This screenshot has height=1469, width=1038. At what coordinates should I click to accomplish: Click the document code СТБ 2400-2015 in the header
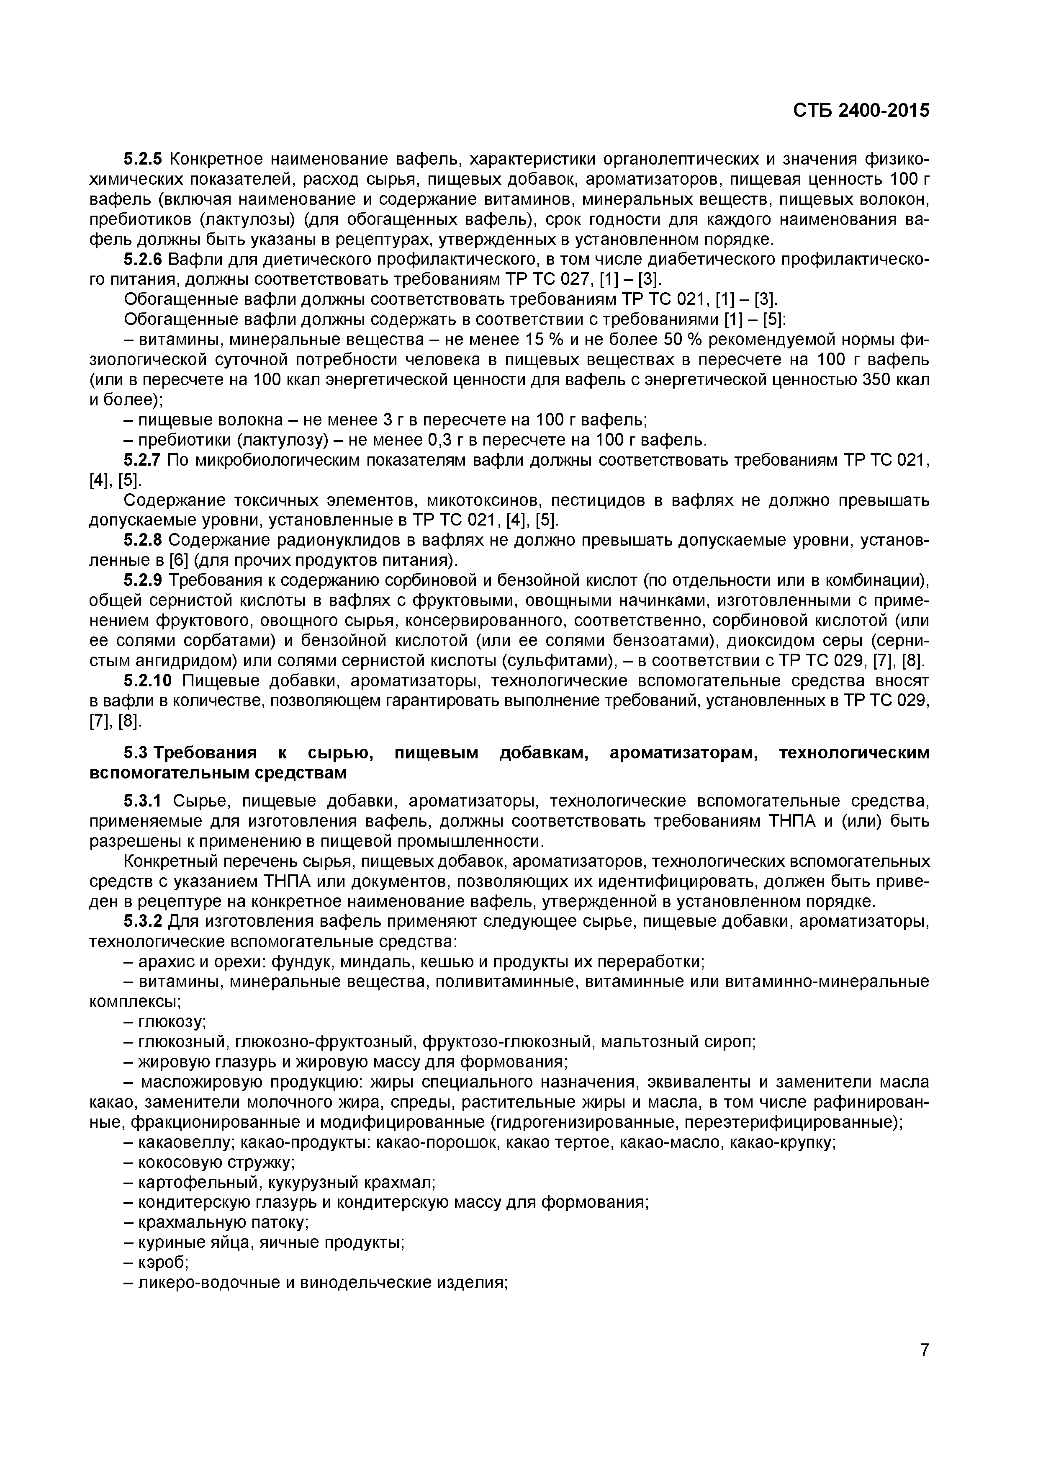click(861, 111)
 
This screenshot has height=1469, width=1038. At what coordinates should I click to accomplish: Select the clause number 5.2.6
click(143, 259)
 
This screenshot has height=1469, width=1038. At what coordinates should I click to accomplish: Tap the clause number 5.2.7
click(143, 460)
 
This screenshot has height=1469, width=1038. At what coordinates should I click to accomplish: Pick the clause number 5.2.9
click(143, 580)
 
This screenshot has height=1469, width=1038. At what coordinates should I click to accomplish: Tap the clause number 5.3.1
click(143, 801)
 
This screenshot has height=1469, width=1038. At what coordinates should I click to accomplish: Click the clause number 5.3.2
click(143, 921)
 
